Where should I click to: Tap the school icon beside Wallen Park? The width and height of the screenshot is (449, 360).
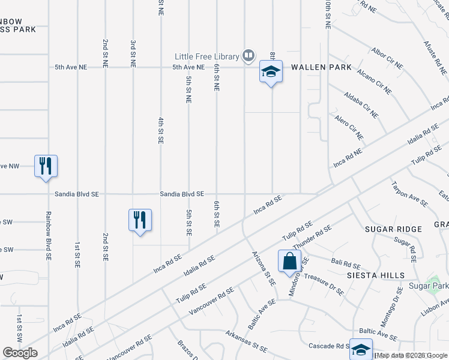point(271,71)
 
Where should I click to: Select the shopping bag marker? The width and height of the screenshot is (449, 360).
point(289,261)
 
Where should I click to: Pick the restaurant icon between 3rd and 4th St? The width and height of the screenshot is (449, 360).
point(139,220)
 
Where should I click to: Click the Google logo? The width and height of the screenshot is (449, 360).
point(20,353)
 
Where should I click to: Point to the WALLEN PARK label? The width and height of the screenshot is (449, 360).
point(321,67)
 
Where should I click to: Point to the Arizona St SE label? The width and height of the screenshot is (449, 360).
point(263,268)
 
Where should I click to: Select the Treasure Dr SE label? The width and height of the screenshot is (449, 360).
point(324,284)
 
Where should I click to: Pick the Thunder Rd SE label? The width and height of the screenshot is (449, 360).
point(312,236)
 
